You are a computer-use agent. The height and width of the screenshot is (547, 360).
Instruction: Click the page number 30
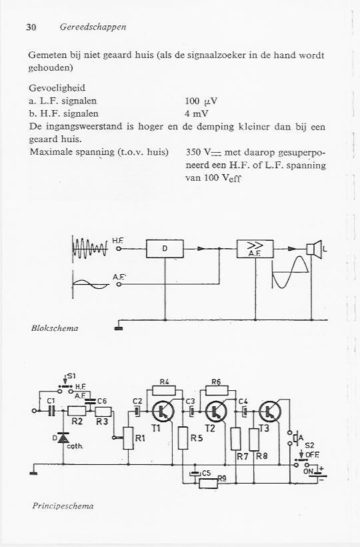pos(31,27)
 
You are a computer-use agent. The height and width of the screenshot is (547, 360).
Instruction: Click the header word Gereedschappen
pos(93,27)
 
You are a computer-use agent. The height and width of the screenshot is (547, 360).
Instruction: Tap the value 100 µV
pos(201,101)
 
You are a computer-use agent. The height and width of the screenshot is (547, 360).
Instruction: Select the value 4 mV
pos(197,113)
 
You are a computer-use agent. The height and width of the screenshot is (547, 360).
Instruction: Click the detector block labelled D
pos(165,249)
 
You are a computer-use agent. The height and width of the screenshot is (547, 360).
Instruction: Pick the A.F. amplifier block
pos(255,249)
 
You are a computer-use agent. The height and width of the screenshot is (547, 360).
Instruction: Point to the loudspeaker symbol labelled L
pos(314,249)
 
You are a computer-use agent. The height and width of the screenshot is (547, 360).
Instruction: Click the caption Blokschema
pos(55,328)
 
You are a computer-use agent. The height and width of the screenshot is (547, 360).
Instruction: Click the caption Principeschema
pos(63,506)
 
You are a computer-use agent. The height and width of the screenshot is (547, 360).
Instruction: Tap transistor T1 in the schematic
pos(163,412)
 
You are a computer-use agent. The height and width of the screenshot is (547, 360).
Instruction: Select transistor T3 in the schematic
pos(270,412)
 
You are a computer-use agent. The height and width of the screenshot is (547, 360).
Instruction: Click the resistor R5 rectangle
pos(183,438)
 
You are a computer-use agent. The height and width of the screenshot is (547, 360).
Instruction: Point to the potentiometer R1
pos(128,438)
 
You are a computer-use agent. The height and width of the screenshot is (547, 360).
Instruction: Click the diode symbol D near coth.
pos(63,438)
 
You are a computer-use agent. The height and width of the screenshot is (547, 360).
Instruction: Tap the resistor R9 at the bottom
pos(209,483)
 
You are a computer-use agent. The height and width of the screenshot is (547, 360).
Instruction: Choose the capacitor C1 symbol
pos(51,411)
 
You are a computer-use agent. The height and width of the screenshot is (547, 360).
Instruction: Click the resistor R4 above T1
pos(164,390)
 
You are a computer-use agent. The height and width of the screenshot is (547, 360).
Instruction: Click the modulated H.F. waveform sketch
pos(89,249)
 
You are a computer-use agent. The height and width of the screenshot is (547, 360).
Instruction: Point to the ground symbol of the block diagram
pos(119,328)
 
